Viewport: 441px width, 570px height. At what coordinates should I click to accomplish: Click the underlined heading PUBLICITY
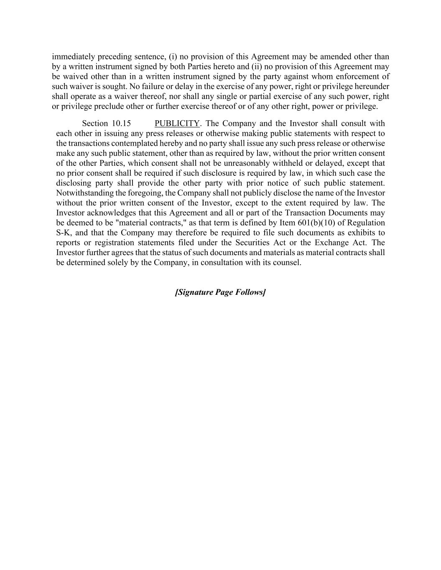(x=177, y=124)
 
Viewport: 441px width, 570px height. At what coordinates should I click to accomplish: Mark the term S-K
(x=64, y=233)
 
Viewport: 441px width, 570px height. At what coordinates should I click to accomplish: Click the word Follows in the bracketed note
(x=250, y=292)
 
